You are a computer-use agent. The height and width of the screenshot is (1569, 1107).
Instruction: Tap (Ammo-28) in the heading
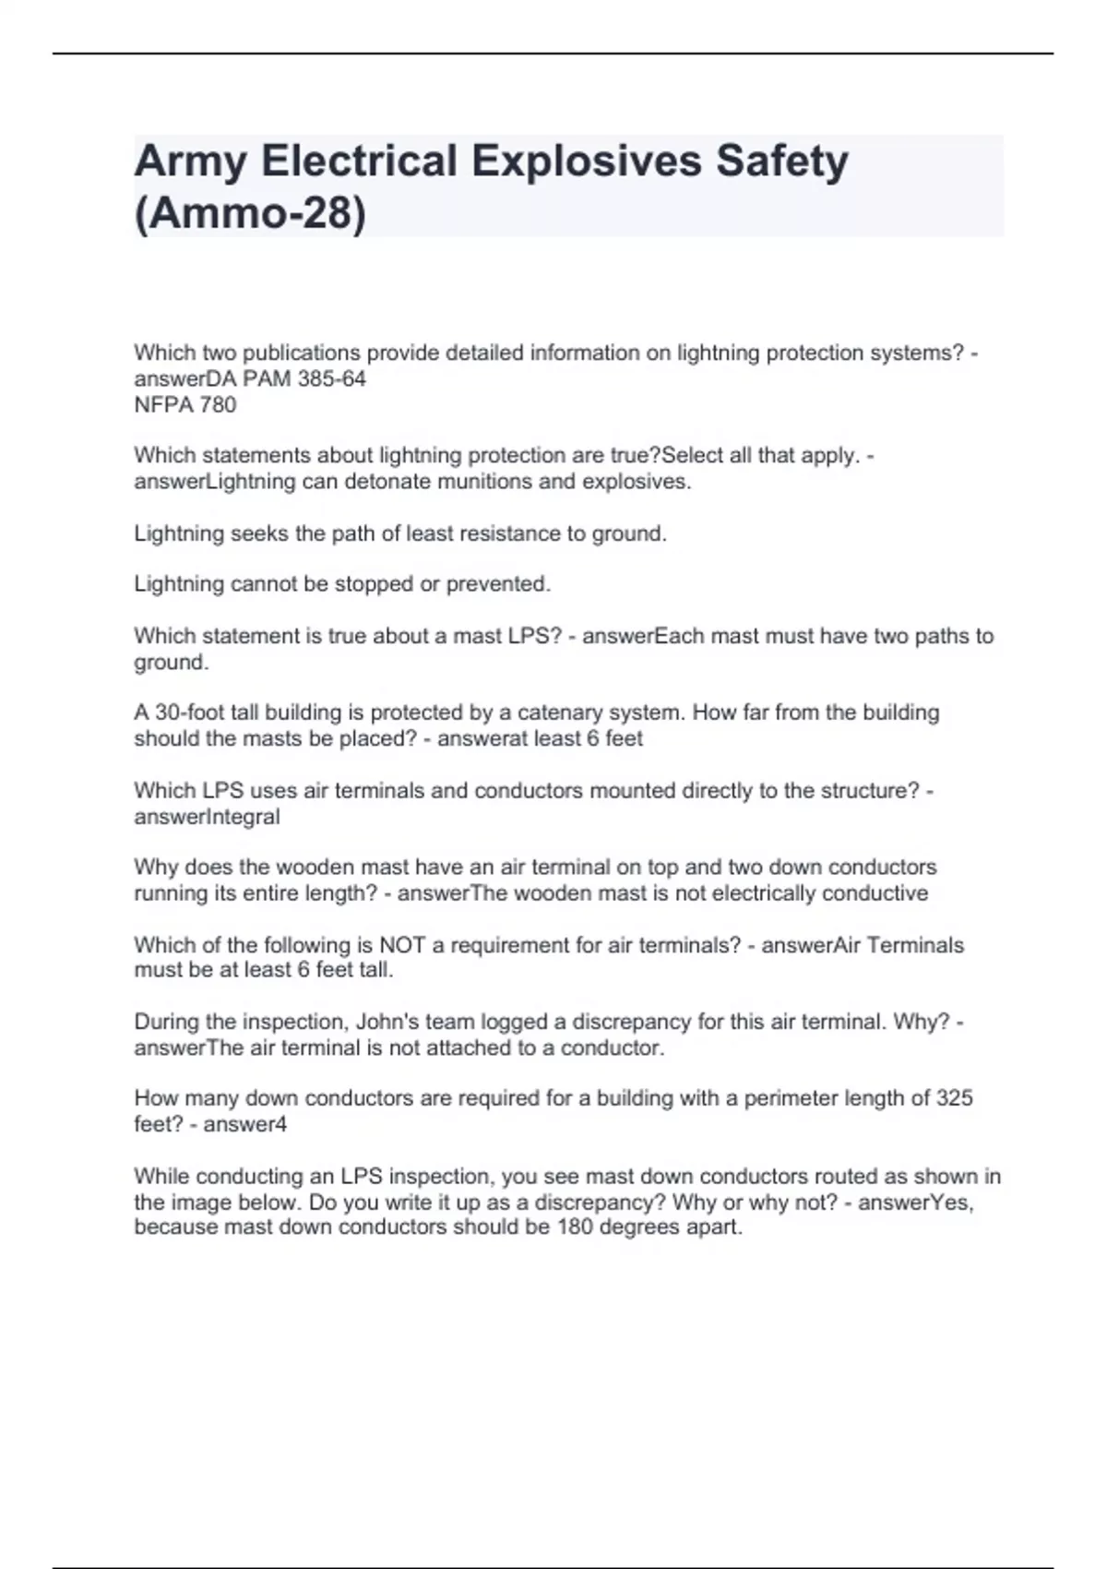click(x=250, y=213)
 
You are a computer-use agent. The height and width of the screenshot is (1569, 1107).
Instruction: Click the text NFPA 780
click(x=185, y=404)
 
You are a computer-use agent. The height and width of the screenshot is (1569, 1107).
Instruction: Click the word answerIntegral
click(x=207, y=817)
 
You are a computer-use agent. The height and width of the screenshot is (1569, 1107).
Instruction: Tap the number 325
click(x=954, y=1098)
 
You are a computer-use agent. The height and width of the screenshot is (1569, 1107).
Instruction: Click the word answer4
click(x=244, y=1124)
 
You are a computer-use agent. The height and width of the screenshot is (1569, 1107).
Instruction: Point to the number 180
click(x=576, y=1227)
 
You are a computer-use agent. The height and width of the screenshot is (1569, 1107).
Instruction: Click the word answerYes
click(x=915, y=1203)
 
